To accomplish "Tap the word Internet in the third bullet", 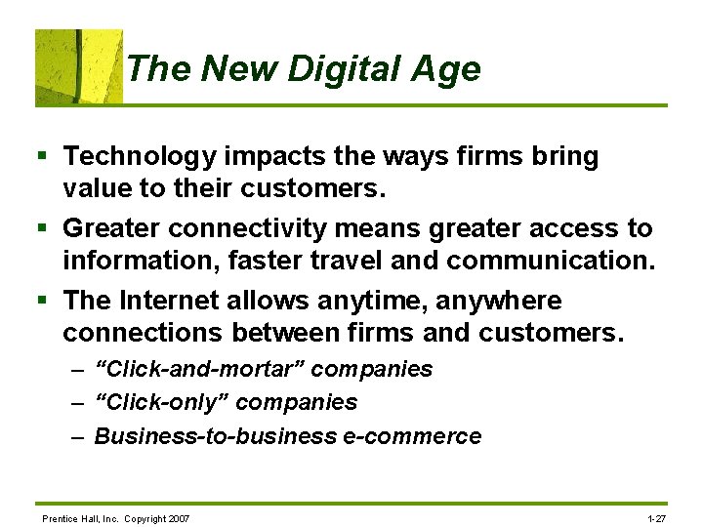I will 166,300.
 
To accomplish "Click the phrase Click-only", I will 161,402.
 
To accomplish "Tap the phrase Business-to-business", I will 215,436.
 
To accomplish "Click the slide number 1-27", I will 656,518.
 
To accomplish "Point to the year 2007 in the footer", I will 179,518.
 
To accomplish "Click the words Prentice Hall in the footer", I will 65,518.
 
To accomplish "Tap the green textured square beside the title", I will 79,66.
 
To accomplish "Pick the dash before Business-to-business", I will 78,436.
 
